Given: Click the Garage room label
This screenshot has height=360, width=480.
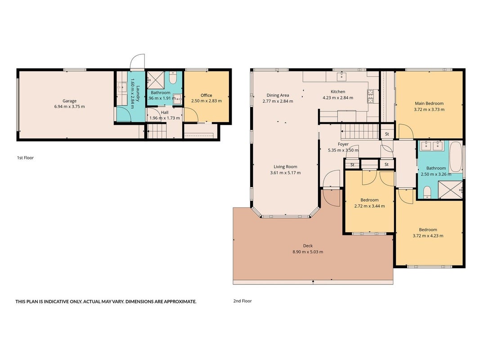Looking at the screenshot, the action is coord(69,101).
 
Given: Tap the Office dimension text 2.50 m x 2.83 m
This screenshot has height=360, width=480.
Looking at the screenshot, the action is coord(206,101).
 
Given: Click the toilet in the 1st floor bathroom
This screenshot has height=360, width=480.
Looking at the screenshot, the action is coord(173,78).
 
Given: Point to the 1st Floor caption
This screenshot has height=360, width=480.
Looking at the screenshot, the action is coord(25,157).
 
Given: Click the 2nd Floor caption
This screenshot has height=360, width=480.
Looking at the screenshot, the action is coord(242,301).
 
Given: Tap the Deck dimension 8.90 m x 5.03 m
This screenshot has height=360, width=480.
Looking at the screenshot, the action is coord(308,252).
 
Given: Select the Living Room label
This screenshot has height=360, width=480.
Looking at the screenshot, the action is coord(285,167).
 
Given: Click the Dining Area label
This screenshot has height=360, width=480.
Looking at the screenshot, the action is coord(278,95).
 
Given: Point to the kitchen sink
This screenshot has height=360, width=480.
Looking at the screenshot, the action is coord(341,76).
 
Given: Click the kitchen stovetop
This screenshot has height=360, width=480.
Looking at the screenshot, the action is coord(370,96).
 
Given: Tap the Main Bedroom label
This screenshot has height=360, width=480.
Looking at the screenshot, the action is coord(429,103).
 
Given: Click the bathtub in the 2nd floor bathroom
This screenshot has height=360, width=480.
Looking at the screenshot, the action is coord(456,157).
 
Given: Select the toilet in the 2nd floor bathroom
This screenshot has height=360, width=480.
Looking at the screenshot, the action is coord(427,192).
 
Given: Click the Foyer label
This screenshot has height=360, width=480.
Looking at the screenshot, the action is coord(343,144).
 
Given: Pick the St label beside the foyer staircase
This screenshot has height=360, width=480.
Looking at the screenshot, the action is coord(387,134).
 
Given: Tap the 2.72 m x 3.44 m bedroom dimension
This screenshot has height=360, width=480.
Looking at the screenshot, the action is coord(369,206).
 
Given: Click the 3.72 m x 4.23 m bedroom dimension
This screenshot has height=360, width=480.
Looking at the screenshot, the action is coord(428,236).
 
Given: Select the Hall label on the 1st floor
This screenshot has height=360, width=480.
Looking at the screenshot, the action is coord(165,112).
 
